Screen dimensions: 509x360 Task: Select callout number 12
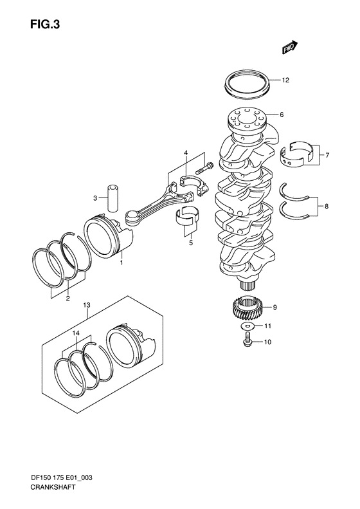285,81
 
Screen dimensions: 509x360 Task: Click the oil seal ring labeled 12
246,84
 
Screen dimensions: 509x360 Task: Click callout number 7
327,155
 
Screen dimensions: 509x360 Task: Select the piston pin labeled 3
113,198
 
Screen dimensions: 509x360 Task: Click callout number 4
185,153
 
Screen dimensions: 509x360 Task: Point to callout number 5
190,243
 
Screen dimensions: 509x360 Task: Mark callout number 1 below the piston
121,263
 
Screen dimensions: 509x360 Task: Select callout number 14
76,333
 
